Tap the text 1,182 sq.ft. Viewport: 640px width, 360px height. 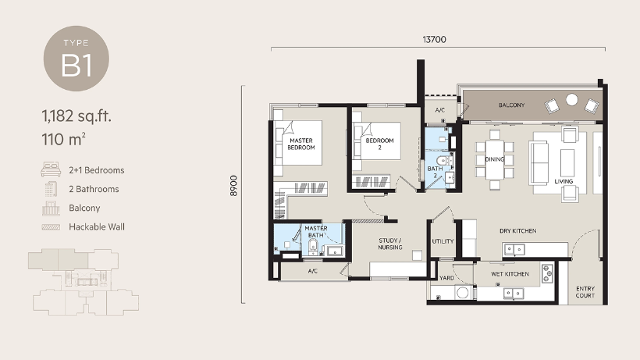click(76, 117)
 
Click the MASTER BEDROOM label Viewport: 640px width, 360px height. click(300, 144)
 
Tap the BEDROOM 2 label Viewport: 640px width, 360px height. click(379, 143)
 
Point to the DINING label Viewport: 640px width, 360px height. click(494, 159)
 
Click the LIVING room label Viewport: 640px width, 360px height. click(564, 181)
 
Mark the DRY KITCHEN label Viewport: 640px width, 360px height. click(519, 230)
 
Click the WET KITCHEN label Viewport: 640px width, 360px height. click(510, 274)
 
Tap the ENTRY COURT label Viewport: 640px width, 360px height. click(585, 291)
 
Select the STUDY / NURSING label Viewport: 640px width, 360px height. click(390, 243)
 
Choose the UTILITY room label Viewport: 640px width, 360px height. click(443, 241)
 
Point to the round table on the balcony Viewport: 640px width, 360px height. click(572, 100)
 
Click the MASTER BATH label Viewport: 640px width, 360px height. click(315, 231)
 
